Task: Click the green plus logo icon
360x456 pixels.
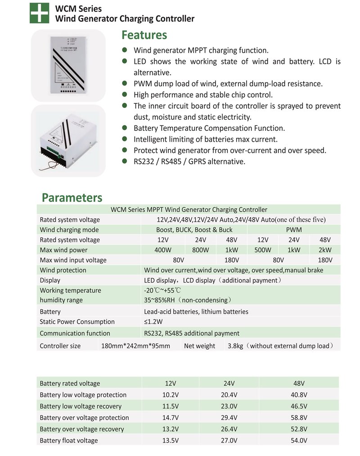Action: pyautogui.click(x=39, y=13)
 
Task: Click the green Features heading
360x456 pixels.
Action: pyautogui.click(x=144, y=35)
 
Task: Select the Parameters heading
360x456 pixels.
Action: pyautogui.click(x=72, y=197)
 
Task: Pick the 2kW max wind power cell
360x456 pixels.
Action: pyautogui.click(x=325, y=250)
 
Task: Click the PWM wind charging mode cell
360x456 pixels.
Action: pyautogui.click(x=294, y=230)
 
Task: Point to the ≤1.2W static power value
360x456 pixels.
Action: pyautogui.click(x=153, y=322)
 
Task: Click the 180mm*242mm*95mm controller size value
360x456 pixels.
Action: pyautogui.click(x=135, y=346)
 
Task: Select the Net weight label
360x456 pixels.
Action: pyautogui.click(x=199, y=346)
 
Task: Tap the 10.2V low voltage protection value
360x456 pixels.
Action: pyautogui.click(x=171, y=395)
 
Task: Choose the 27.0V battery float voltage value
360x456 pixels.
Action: pyautogui.click(x=229, y=441)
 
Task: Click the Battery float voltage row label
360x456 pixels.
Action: pyautogui.click(x=68, y=441)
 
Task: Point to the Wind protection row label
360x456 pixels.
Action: pyautogui.click(x=63, y=270)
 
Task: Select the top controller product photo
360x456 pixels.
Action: pyautogui.click(x=68, y=65)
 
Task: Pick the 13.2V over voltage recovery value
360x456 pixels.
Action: pyautogui.click(x=171, y=429)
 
